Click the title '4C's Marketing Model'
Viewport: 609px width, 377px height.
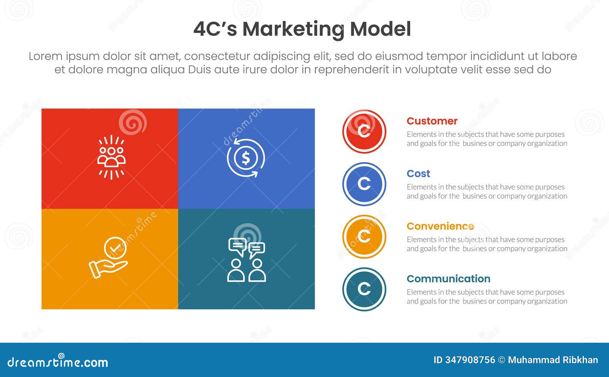302,29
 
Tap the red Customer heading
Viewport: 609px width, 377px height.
432,121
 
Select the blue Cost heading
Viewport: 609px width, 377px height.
418,174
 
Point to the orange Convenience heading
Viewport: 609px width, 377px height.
440,226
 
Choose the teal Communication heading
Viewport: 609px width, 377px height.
448,279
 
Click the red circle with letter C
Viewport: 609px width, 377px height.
364,131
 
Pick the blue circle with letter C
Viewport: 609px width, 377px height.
364,184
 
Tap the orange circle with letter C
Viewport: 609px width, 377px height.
364,236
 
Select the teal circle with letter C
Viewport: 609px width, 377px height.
364,289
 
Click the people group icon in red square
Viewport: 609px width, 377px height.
111,157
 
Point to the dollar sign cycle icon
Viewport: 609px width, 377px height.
246,158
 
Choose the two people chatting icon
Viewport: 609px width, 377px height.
247,260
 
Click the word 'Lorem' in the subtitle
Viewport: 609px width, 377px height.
46,56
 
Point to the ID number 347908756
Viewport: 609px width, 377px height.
470,360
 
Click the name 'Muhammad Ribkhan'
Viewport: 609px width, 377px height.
553,360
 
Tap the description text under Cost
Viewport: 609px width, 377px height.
486,192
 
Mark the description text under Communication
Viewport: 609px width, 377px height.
486,297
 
